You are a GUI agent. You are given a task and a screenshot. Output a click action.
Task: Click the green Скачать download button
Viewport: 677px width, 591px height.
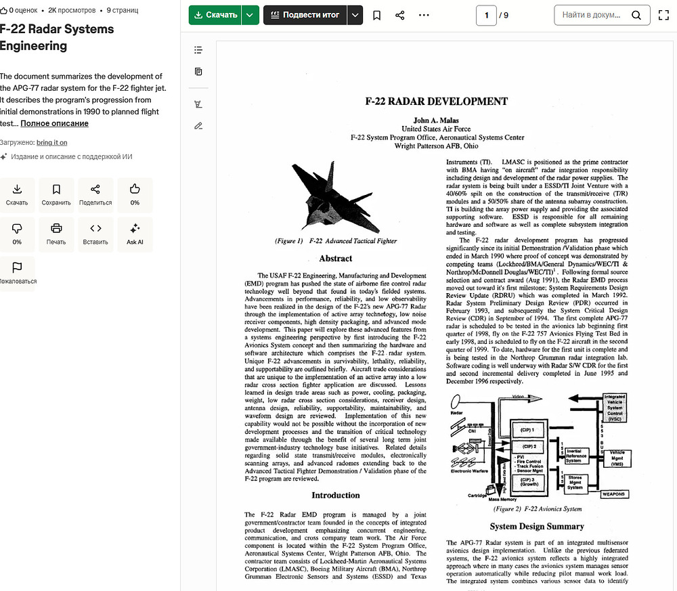click(x=215, y=15)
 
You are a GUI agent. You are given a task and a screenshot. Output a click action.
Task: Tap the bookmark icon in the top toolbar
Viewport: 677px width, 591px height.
click(x=377, y=15)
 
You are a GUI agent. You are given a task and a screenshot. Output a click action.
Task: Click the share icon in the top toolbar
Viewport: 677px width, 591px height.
click(x=400, y=15)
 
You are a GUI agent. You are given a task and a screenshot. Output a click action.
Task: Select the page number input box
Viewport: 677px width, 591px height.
click(x=486, y=15)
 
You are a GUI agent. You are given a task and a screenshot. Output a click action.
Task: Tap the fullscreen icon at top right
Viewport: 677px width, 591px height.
click(x=663, y=15)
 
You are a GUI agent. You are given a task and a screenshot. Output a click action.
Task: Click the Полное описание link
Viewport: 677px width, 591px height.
click(x=54, y=123)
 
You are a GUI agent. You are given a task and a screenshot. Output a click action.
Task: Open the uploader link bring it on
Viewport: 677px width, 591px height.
click(x=51, y=142)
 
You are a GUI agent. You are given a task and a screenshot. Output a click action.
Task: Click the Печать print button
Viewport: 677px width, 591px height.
click(x=56, y=234)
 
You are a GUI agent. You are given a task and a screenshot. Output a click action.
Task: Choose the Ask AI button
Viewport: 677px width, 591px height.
click(x=135, y=234)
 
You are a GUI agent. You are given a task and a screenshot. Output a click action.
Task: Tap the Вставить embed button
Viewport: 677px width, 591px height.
click(x=95, y=234)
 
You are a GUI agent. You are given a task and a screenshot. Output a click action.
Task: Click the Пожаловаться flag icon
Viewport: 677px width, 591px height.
click(x=17, y=272)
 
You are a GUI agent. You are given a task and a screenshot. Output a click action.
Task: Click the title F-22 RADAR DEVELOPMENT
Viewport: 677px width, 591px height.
click(x=436, y=102)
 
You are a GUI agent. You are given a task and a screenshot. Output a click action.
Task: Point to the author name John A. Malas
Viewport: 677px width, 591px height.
click(x=436, y=121)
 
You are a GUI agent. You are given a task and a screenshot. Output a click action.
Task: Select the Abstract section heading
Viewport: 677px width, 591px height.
click(x=336, y=258)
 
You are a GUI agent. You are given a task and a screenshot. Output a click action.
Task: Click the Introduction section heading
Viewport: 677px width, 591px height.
click(x=336, y=495)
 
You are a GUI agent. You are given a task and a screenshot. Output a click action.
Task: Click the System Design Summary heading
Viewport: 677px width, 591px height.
click(x=537, y=526)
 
